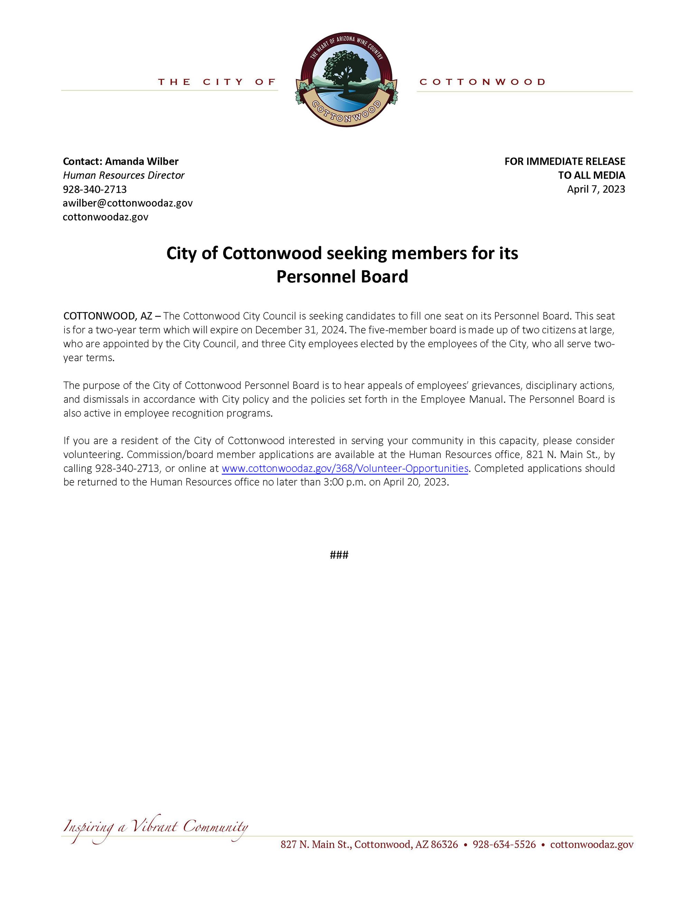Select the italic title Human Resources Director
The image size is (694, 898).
pos(123,175)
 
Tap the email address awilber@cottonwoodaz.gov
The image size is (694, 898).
pos(127,203)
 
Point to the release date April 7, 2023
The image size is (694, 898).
pos(596,189)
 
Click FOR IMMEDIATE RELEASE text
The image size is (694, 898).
pos(564,161)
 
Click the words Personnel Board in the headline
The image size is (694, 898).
pos(342,277)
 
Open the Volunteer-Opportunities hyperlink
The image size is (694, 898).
pos(344,468)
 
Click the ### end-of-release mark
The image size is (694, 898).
pos(339,555)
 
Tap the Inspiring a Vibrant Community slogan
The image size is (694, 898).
pos(155,827)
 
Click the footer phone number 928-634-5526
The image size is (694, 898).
pos(504,844)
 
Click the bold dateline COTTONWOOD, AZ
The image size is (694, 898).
pos(108,316)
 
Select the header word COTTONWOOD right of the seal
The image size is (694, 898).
pos(482,82)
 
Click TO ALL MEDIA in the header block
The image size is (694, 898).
pos(591,175)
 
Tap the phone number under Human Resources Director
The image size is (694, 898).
pos(95,189)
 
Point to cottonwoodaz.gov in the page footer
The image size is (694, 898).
pos(592,844)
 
